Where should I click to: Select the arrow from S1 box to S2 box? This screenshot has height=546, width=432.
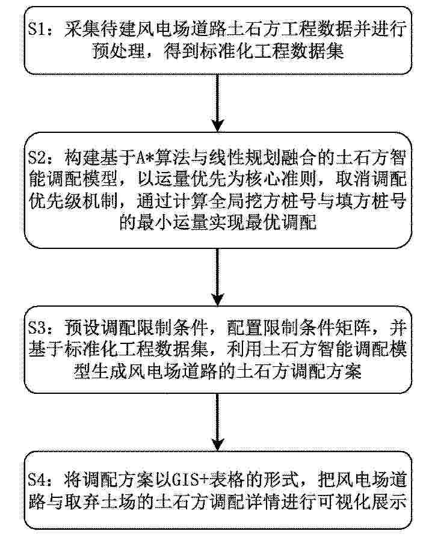coord(217,103)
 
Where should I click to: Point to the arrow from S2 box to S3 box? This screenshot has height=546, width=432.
coord(217,277)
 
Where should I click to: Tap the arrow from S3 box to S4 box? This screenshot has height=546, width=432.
coord(217,422)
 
